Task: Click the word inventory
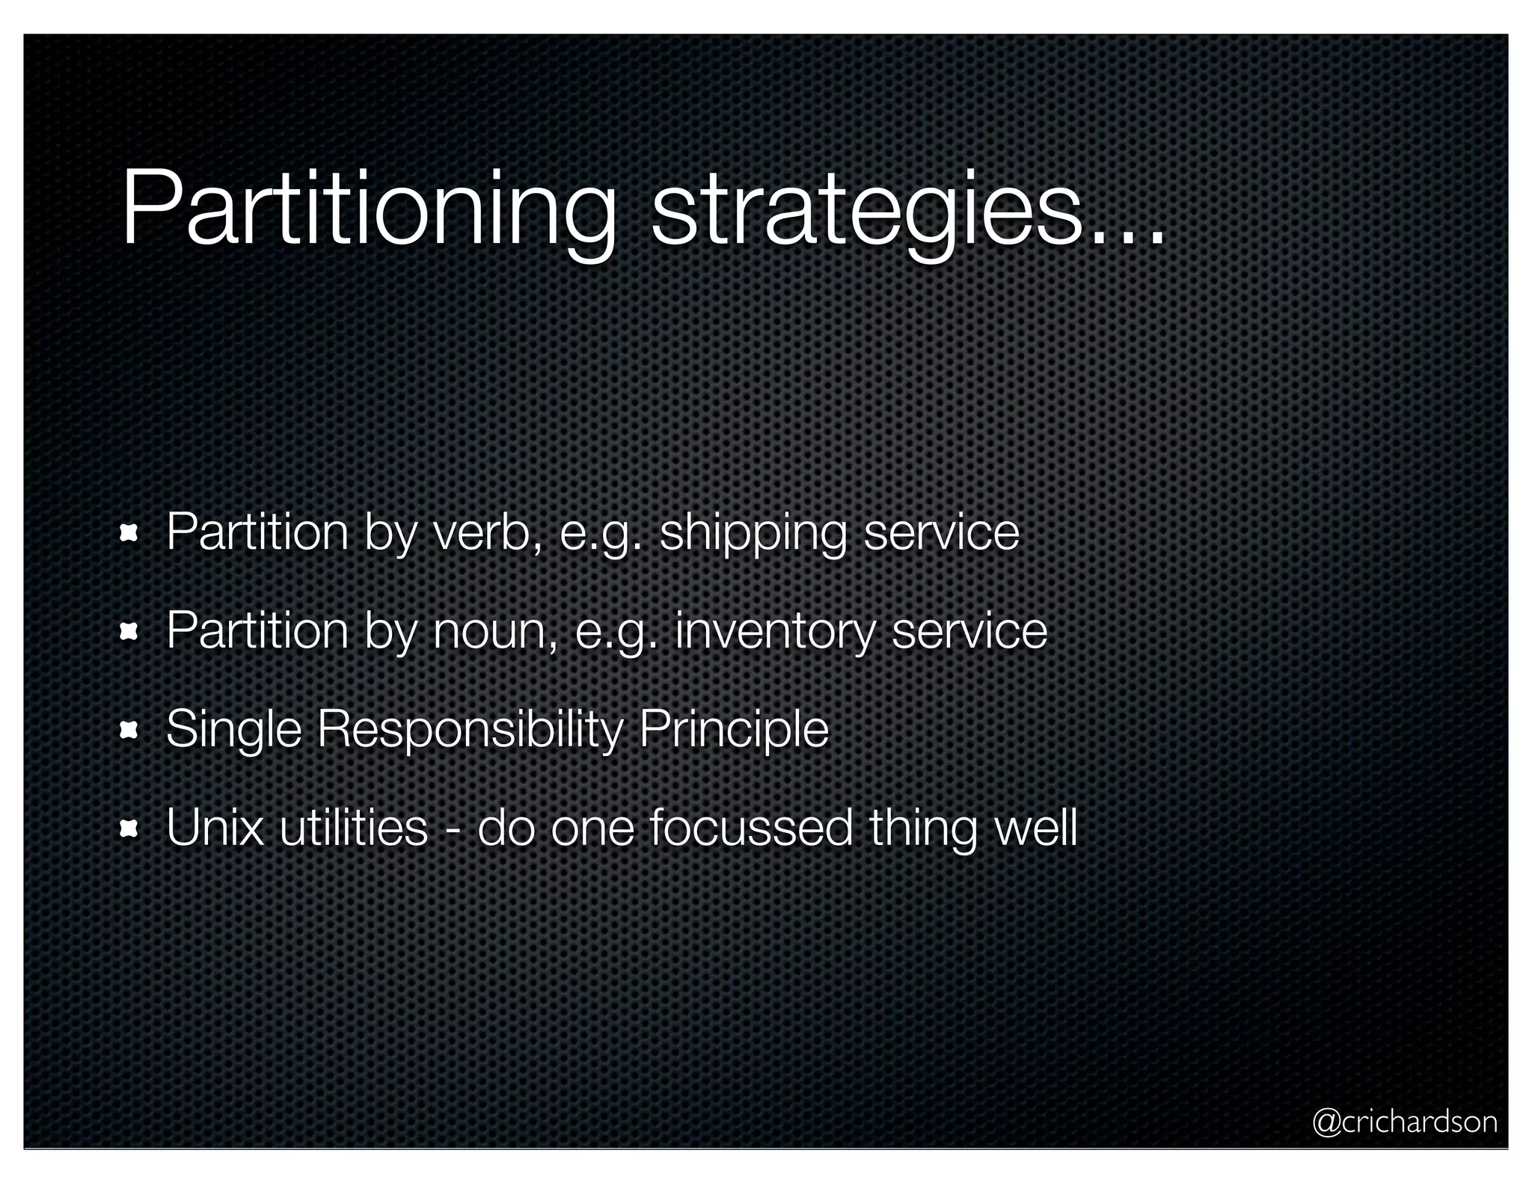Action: [x=774, y=631]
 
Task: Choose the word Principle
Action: [x=733, y=730]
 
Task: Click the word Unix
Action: [x=215, y=828]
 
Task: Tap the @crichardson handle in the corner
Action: [x=1404, y=1122]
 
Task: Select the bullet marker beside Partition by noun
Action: [x=129, y=633]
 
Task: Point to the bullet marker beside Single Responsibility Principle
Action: [x=129, y=731]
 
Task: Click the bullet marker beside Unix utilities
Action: [x=129, y=829]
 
